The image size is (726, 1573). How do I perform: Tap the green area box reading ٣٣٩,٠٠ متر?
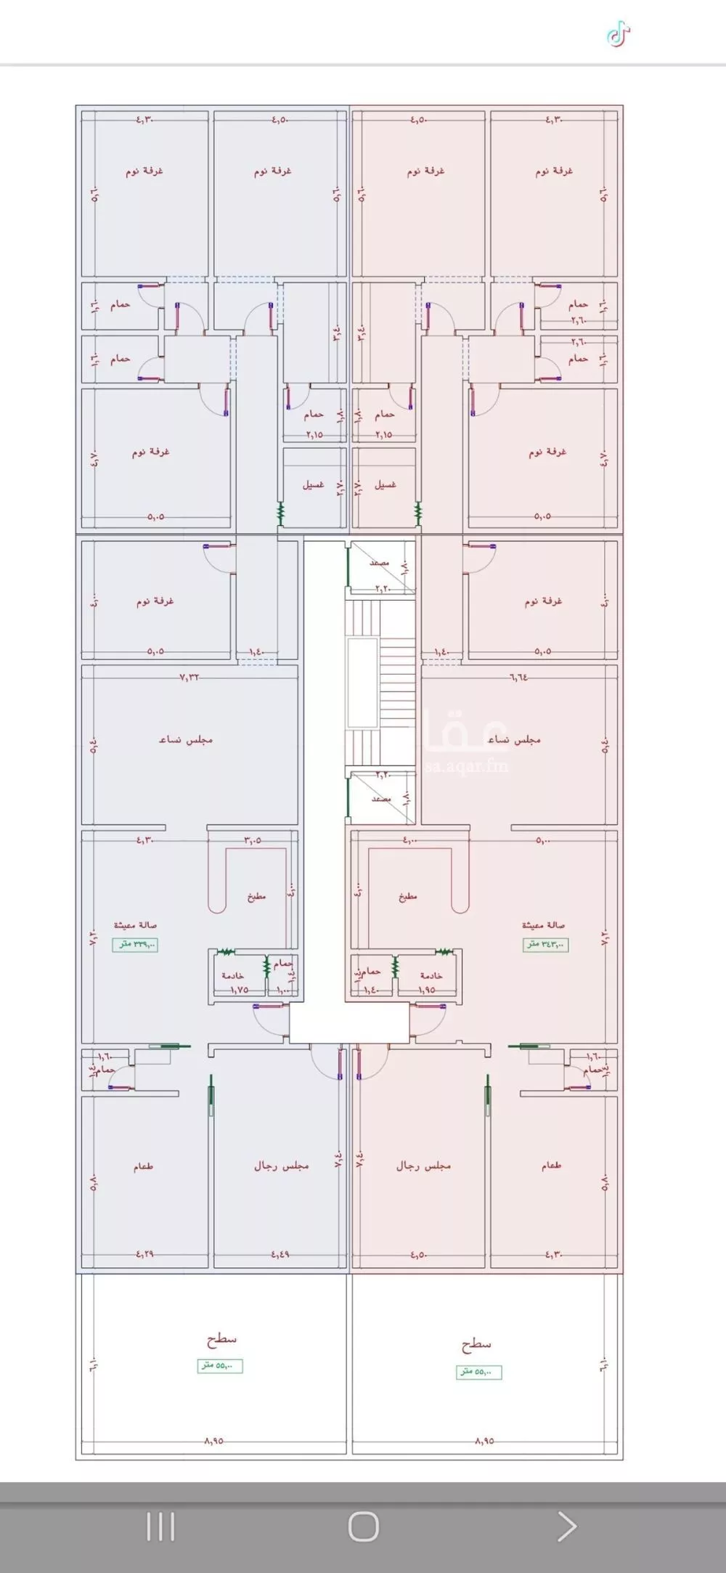[x=135, y=944]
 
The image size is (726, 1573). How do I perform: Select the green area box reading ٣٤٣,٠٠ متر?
[x=546, y=944]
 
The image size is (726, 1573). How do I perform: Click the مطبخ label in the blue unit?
[x=256, y=896]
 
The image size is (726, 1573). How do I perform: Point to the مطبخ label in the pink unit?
[x=408, y=896]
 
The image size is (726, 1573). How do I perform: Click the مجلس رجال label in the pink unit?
[x=423, y=1165]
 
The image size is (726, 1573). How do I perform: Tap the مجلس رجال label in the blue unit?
[x=281, y=1165]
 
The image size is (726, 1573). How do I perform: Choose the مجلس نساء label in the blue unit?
[x=186, y=739]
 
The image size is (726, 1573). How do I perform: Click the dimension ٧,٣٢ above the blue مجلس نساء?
[x=189, y=677]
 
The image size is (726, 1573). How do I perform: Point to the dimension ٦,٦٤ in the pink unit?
[x=518, y=677]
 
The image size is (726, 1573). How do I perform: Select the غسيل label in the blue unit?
[x=314, y=484]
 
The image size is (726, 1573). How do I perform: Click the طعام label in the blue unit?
[x=143, y=1166]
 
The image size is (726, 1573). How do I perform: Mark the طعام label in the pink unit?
[x=551, y=1166]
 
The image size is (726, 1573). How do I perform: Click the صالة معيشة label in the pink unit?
[x=543, y=925]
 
